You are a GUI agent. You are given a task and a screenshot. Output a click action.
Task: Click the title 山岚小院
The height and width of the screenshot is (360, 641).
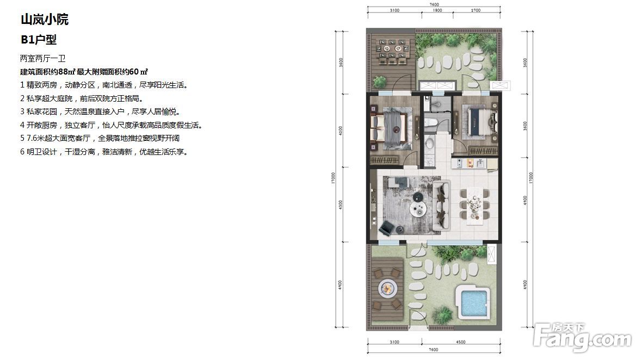pos(45,19)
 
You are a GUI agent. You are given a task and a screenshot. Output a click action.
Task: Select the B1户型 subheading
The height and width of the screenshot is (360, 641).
pos(39,40)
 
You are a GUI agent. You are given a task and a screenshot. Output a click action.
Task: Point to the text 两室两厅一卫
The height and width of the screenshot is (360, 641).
pos(43,58)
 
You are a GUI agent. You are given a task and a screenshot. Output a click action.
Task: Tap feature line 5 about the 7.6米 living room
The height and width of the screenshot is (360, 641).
pos(100,138)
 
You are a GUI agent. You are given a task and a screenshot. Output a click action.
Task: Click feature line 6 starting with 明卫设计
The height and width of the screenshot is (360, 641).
pos(104,152)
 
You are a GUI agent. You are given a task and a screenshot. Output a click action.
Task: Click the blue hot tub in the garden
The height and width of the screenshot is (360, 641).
pos(473,302)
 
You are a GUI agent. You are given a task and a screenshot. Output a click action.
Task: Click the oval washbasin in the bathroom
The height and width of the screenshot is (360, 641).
pos(430,143)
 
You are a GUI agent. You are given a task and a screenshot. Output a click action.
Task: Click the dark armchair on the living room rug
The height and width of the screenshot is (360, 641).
pos(386,228)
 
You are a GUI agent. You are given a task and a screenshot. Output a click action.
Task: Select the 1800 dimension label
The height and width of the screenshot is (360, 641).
pos(437,11)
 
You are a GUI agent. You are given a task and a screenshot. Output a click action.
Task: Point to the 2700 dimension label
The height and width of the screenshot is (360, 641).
pos(476,11)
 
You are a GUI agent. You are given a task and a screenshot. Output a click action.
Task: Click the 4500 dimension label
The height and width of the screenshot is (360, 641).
pos(461,342)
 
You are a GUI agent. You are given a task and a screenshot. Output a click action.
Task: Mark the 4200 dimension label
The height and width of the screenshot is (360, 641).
pos(341,131)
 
